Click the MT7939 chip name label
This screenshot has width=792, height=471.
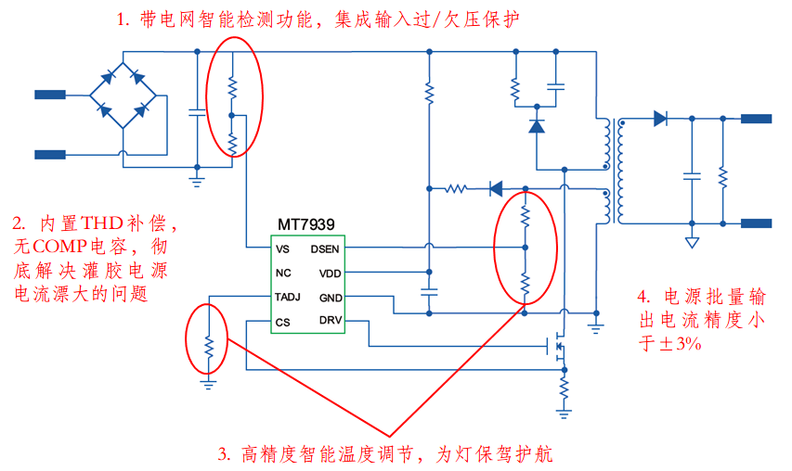click(x=305, y=225)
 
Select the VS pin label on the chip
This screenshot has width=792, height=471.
click(x=282, y=248)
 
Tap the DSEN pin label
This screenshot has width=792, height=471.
click(x=325, y=248)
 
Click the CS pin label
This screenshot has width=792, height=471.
click(x=282, y=322)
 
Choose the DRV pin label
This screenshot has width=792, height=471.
click(x=330, y=322)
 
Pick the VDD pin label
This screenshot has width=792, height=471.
click(x=330, y=274)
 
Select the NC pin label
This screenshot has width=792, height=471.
click(x=283, y=274)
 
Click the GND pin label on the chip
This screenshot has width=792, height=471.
click(x=330, y=298)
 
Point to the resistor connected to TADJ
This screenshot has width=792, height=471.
click(x=209, y=347)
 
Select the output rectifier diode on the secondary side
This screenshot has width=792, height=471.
click(x=660, y=119)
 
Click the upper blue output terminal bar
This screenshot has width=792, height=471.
click(x=756, y=119)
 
